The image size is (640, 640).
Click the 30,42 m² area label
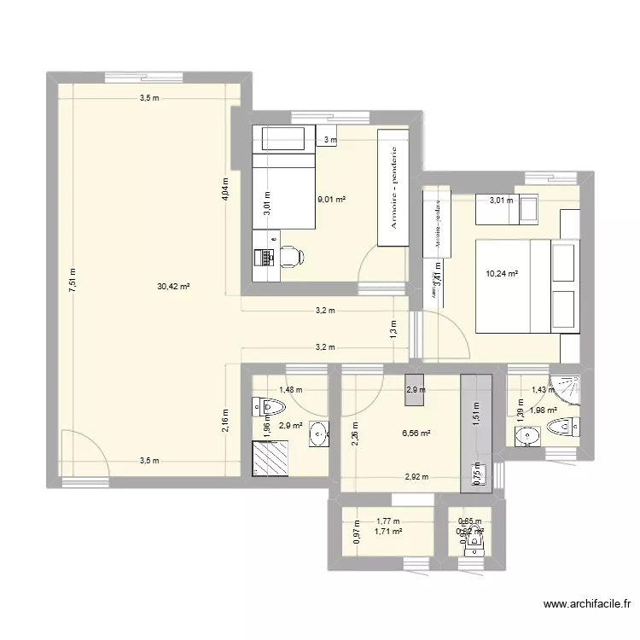(x=173, y=288)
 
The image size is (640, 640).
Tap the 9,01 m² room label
(x=331, y=200)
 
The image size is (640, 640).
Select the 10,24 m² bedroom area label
(x=503, y=274)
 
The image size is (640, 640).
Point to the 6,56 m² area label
(x=416, y=433)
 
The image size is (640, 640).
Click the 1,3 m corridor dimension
(x=393, y=328)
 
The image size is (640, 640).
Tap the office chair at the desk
(x=290, y=254)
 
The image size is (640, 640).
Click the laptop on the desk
(x=263, y=255)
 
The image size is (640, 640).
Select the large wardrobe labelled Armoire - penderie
(x=393, y=189)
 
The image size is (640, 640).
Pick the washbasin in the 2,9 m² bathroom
(x=318, y=433)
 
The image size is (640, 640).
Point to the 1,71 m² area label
(x=388, y=532)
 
